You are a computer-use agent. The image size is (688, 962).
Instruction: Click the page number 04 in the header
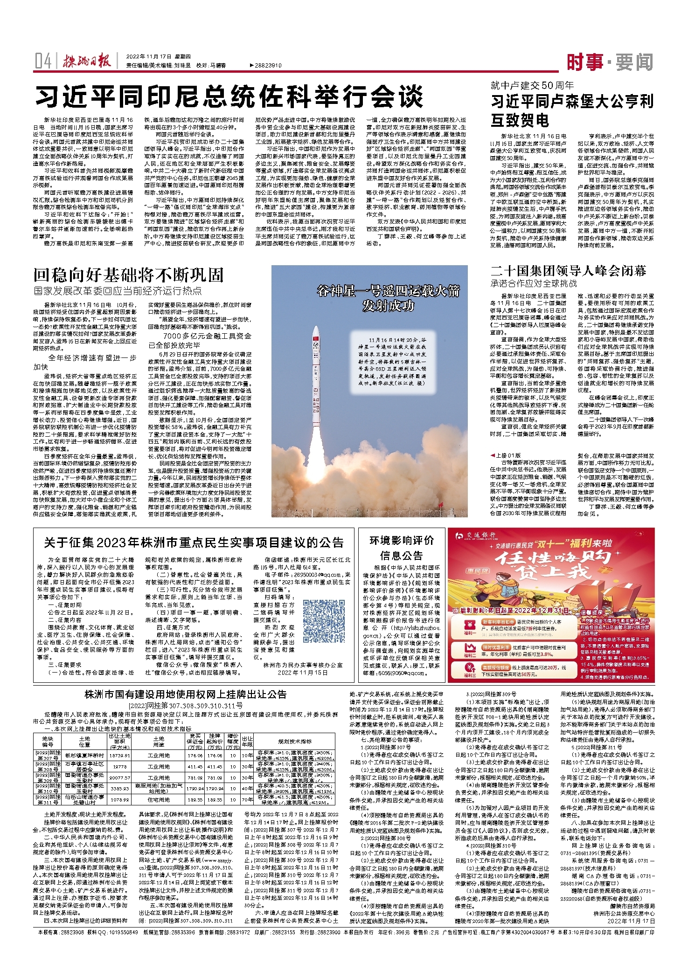[42, 61]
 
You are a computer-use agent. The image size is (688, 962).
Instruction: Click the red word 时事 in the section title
[586, 62]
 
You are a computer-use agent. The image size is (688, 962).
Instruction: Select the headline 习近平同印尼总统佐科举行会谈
[229, 96]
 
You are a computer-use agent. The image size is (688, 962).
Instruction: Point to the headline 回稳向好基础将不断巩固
[129, 275]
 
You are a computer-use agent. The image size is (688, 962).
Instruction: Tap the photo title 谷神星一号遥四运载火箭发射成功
[388, 298]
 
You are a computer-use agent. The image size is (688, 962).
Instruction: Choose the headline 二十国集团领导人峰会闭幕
[568, 271]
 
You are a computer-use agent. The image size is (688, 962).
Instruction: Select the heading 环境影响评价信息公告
[402, 548]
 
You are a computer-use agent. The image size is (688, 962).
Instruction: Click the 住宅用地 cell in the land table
[159, 799]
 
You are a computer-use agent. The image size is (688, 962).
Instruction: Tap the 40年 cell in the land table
[247, 789]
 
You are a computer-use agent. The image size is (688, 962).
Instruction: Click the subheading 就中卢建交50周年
[532, 85]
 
